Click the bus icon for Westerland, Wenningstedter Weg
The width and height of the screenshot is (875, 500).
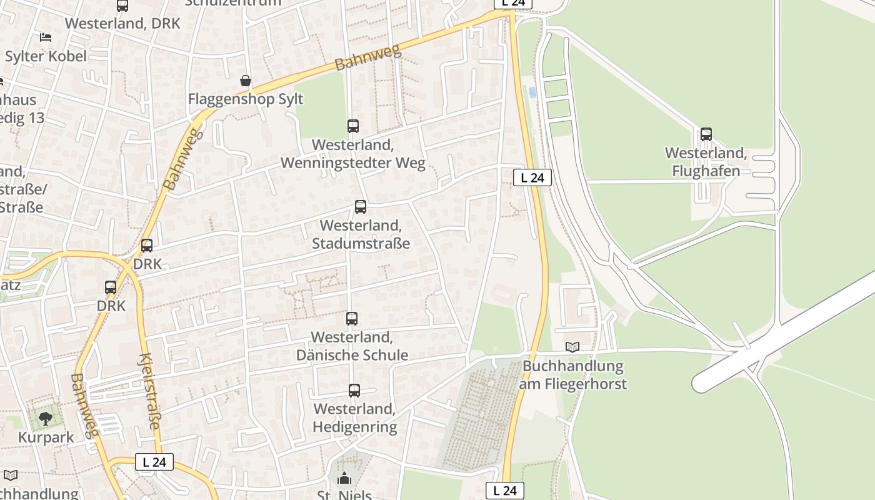coord(353,126)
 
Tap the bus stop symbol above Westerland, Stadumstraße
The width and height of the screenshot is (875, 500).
coord(361,207)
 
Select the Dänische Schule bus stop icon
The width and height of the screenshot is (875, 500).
coord(352,319)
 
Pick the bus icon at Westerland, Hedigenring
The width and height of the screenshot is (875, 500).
coord(354,391)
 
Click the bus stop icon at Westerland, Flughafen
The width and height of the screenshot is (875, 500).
coord(706,134)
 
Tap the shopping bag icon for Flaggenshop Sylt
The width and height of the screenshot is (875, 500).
coord(246,81)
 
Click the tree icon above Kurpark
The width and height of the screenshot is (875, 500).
coord(45,418)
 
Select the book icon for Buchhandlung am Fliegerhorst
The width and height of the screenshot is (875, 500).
coord(572,347)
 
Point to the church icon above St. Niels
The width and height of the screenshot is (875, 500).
coord(344,479)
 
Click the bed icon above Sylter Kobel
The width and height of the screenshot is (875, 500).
coord(46,37)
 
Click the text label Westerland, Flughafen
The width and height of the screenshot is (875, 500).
coord(706,162)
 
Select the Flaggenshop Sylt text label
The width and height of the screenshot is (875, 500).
coord(246,99)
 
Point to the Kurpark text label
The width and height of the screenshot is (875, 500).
coord(46,437)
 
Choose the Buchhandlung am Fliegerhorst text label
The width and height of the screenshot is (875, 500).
coord(572,374)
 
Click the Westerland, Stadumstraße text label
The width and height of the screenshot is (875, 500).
coord(361,234)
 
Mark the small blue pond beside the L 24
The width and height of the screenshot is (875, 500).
coord(532,92)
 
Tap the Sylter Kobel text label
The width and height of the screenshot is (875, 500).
coord(46,56)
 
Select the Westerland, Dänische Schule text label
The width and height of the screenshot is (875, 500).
coord(352,346)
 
